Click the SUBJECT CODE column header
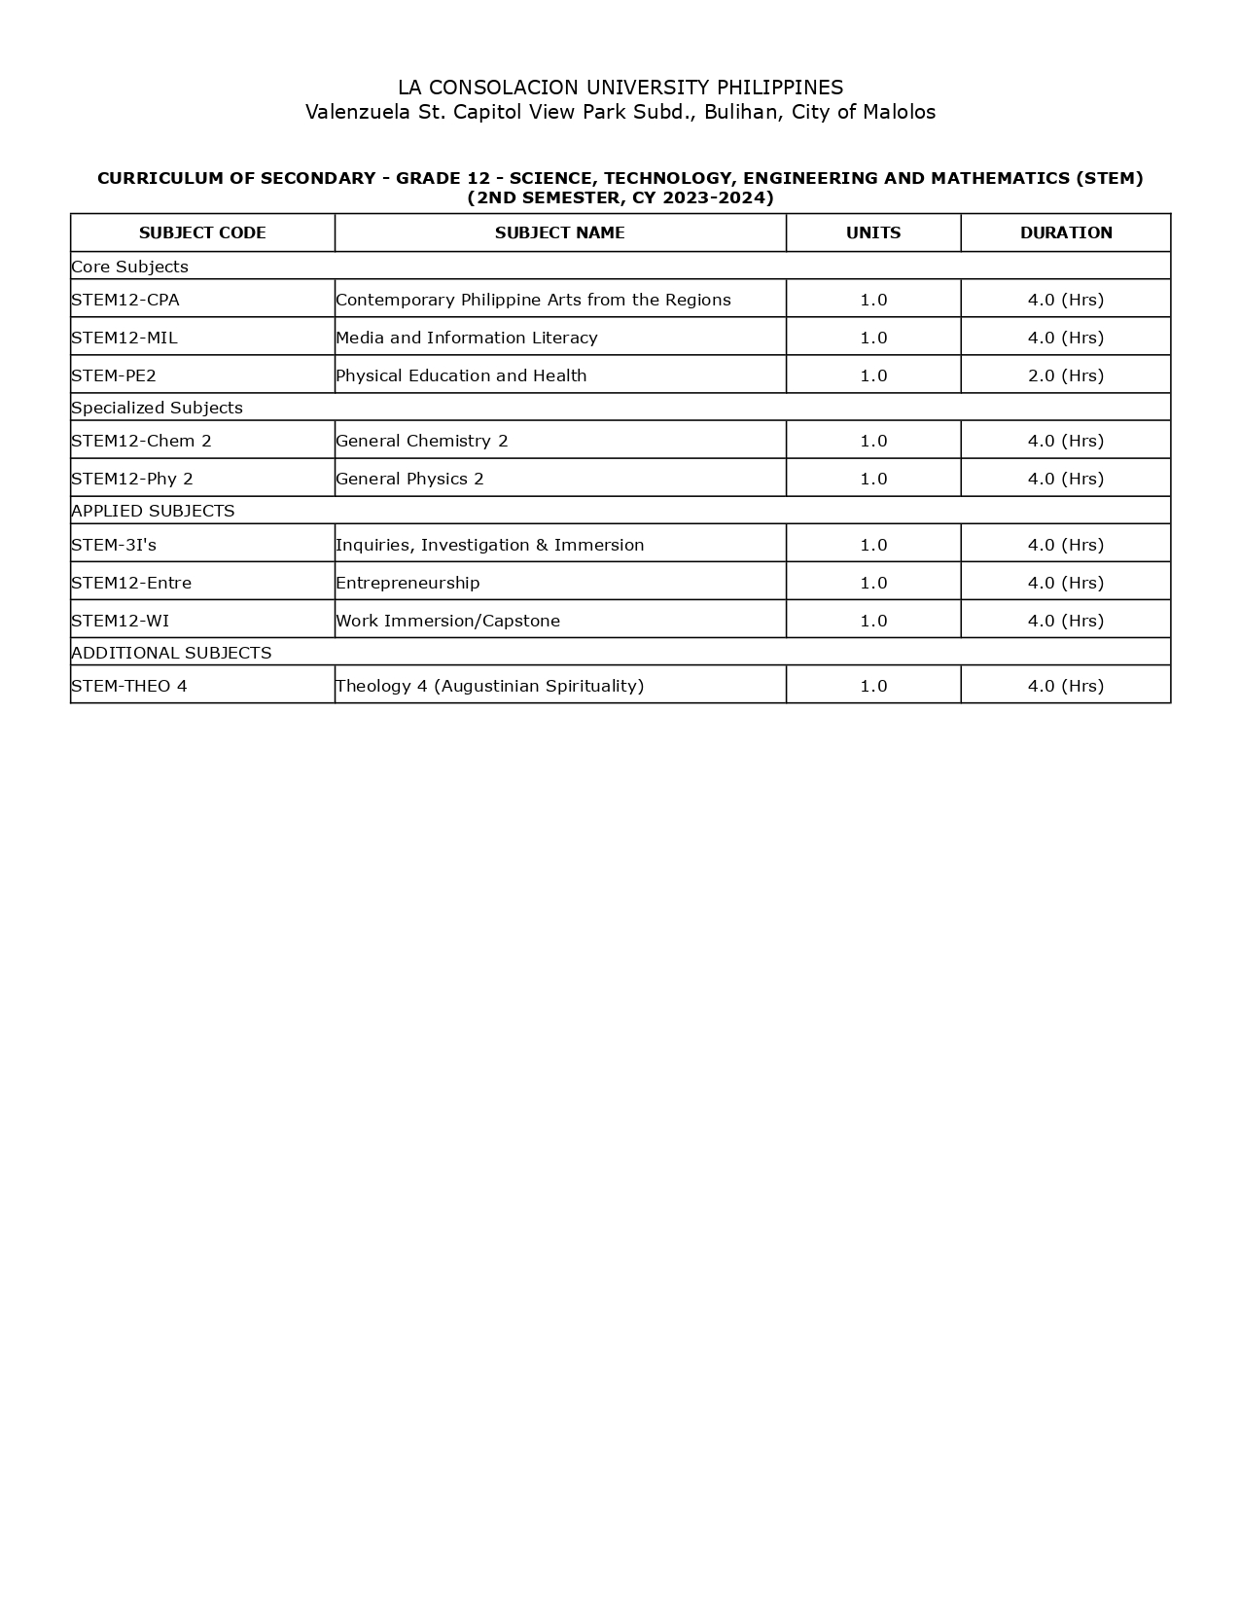(x=202, y=232)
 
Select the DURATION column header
(x=1066, y=232)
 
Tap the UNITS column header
(x=873, y=232)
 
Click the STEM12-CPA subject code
(x=125, y=300)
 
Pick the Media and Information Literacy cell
(x=467, y=338)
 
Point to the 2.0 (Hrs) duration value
(x=1066, y=375)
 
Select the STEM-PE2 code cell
(x=114, y=375)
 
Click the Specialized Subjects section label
(x=157, y=408)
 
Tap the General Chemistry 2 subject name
(x=422, y=441)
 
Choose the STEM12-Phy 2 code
(x=132, y=479)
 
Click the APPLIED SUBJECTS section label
(x=153, y=511)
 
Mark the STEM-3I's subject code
(x=114, y=545)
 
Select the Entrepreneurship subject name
(x=407, y=583)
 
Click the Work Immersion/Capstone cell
(x=447, y=621)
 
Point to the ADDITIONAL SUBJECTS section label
(x=171, y=653)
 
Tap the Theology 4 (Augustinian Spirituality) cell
(x=489, y=686)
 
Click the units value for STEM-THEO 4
(x=873, y=686)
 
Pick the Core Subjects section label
(x=129, y=267)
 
